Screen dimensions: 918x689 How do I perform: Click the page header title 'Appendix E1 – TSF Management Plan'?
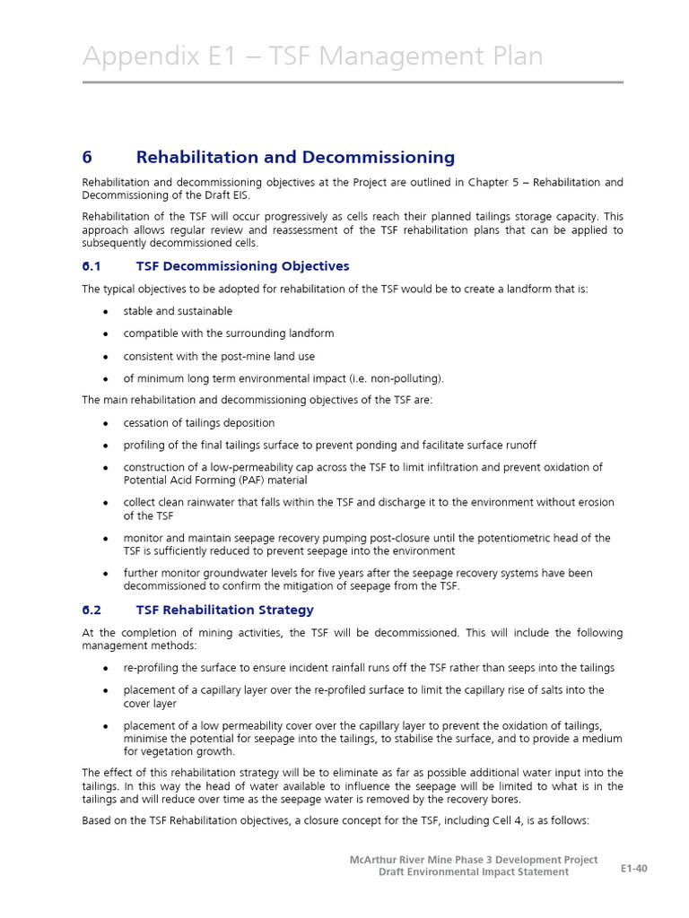312,56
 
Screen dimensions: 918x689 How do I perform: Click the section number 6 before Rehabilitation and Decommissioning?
88,157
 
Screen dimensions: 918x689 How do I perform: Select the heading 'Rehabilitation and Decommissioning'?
295,157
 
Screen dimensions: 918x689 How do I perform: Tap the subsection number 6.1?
92,266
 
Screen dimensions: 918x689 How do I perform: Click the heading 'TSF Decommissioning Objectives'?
242,266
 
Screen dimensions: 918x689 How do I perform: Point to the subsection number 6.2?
92,610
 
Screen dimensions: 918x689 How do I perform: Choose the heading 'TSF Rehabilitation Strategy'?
224,610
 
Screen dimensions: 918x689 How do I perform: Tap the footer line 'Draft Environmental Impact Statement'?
473,872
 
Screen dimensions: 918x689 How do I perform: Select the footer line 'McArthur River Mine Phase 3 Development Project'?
473,860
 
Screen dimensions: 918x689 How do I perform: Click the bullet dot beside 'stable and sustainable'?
106,312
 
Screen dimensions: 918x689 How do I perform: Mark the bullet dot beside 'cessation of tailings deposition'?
106,423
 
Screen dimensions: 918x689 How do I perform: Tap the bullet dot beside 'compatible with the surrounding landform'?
106,334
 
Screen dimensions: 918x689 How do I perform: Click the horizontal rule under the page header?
353,82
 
